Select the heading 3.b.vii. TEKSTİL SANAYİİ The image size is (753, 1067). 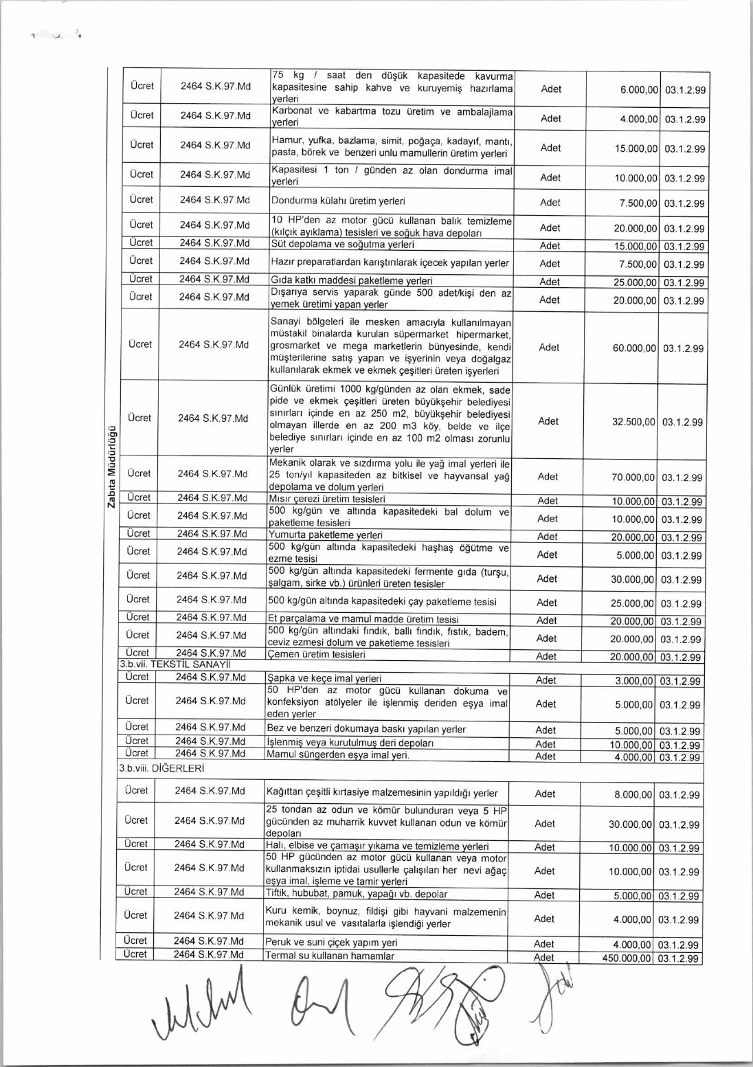click(x=175, y=664)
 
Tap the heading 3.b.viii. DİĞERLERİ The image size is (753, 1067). click(x=161, y=768)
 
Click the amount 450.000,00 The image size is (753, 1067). click(x=627, y=958)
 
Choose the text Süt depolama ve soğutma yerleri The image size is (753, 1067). click(x=343, y=245)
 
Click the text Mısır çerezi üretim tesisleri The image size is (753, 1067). click(x=326, y=499)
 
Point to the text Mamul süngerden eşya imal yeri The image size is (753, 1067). click(x=337, y=755)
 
